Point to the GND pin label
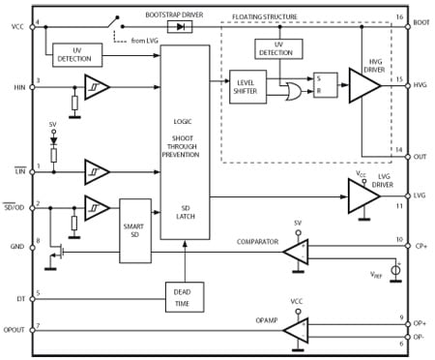(16, 247)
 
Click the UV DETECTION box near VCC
(74, 54)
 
